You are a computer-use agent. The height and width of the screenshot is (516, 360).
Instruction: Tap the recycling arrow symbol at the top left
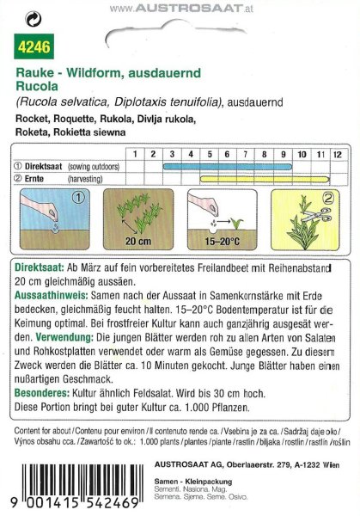pyautogui.click(x=31, y=15)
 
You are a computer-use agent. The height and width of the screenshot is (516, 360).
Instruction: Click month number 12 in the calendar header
pyautogui.click(x=336, y=152)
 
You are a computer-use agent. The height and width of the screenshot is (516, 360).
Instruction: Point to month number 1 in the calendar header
pyautogui.click(x=135, y=152)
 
